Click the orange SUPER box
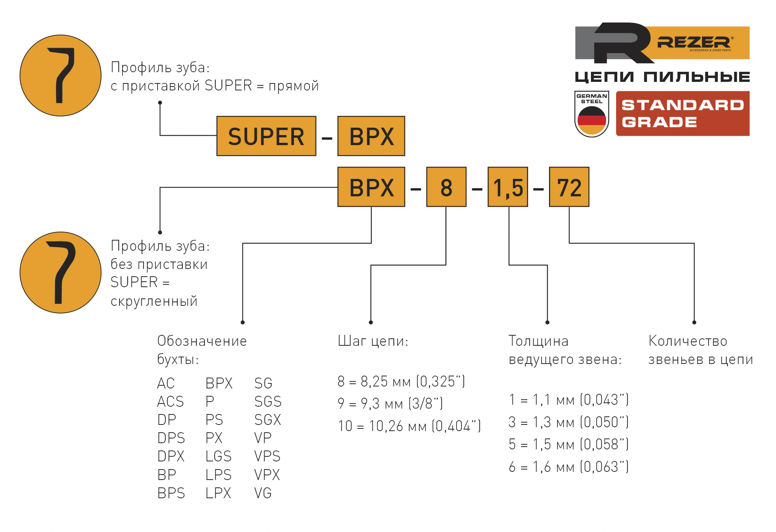266,136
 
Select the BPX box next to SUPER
371,136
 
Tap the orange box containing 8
446,187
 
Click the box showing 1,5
508,187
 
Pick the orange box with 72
569,187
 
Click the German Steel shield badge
591,114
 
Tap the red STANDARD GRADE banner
682,113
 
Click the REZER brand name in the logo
693,42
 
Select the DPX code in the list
171,456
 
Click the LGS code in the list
218,456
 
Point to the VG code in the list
263,493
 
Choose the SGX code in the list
267,420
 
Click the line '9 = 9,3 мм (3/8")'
390,404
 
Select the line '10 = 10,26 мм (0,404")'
409,426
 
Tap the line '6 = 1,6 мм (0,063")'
568,467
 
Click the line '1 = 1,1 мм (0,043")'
568,400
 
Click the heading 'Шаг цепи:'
373,341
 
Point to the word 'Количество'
688,341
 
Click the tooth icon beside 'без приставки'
61,272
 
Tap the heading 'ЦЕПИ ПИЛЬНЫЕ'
662,77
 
